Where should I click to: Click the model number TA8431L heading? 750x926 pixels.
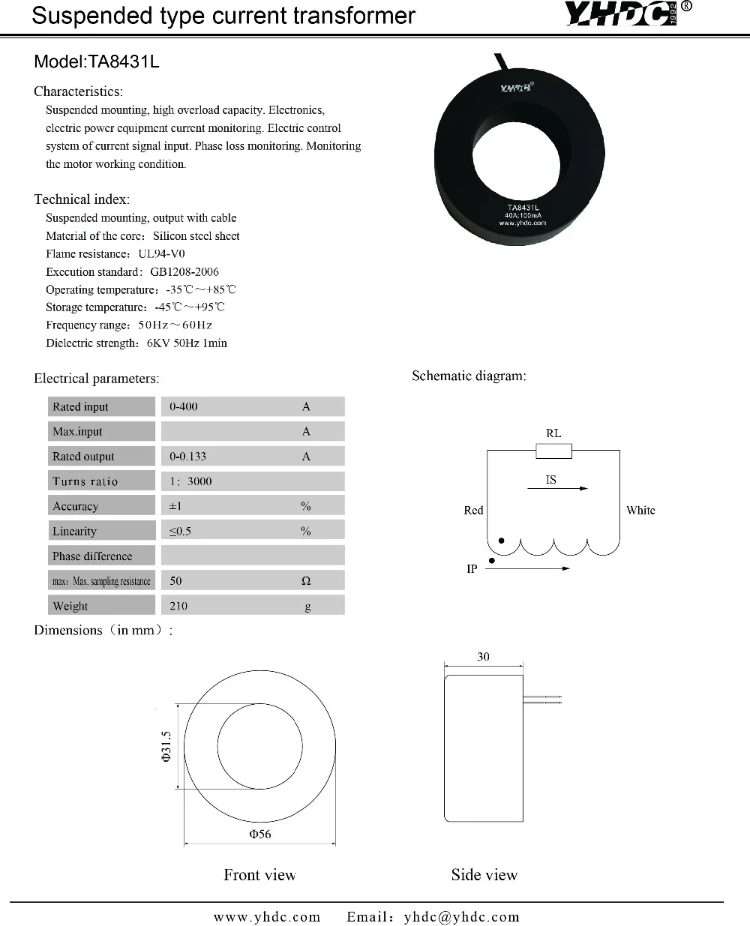[97, 61]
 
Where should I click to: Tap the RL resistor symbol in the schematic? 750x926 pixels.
[553, 451]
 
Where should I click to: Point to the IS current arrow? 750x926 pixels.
[557, 488]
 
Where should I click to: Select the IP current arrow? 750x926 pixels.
[527, 568]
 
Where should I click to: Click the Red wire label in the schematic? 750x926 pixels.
[473, 510]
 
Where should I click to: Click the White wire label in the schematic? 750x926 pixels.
[640, 510]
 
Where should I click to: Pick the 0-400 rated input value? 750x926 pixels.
[184, 406]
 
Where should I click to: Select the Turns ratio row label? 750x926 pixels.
[85, 481]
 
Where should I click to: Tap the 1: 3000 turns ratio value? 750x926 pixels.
[190, 481]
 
